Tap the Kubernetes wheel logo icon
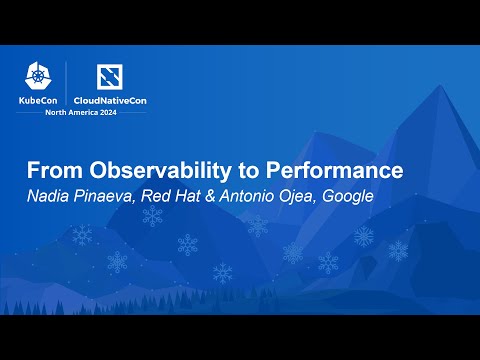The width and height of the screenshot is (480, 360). (x=40, y=77)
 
